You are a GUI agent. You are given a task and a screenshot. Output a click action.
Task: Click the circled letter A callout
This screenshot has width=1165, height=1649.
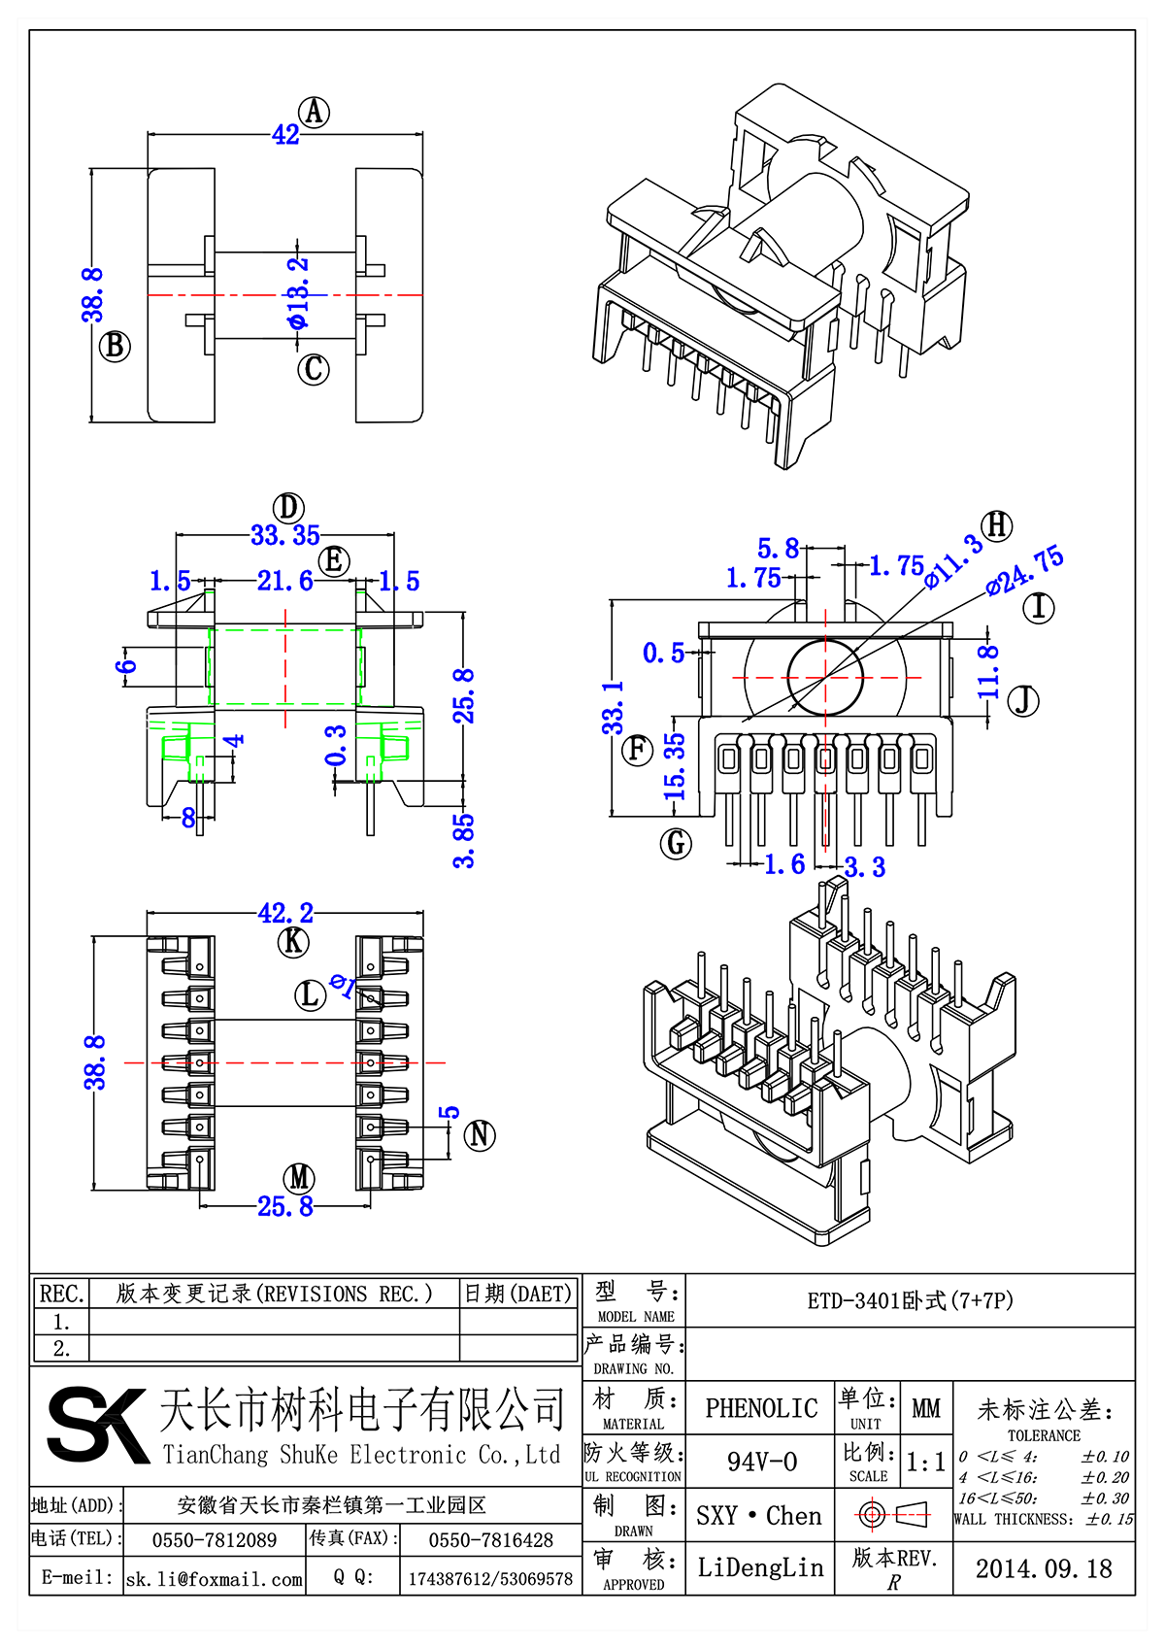coord(314,113)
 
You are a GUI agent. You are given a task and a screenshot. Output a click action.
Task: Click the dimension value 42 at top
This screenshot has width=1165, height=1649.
coord(285,135)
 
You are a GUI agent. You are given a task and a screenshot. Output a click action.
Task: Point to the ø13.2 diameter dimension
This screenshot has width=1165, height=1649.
coord(299,292)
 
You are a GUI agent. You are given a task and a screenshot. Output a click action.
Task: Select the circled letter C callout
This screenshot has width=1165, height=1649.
coord(314,369)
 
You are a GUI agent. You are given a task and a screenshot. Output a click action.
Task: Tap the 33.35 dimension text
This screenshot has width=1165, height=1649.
coord(284,535)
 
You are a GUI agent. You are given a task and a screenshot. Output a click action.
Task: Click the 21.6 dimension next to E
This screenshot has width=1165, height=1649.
coord(284,581)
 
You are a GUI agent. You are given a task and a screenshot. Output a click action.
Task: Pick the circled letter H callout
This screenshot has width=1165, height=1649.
coord(997,526)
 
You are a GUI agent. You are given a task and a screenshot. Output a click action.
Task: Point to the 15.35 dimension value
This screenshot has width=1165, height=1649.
coord(675,766)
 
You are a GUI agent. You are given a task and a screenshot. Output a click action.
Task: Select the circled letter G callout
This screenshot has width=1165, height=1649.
coord(676,843)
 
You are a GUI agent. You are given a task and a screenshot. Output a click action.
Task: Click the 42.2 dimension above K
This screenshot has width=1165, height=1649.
coord(285,914)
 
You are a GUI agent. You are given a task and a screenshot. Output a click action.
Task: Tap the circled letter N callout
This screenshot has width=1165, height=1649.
coord(480,1134)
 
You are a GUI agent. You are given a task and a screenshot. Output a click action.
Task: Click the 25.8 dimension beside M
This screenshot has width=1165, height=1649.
coord(285,1206)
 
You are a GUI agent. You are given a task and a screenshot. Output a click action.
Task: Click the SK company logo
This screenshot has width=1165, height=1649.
coord(97,1425)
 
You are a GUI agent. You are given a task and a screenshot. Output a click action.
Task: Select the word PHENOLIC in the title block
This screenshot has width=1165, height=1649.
coord(761,1408)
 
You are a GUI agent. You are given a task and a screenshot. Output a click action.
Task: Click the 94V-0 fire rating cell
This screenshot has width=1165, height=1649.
coord(761,1462)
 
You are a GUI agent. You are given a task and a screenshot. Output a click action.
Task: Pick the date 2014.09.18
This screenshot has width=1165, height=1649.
coord(1044,1568)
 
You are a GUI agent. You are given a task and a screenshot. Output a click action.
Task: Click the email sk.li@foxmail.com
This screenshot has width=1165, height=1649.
coord(215,1579)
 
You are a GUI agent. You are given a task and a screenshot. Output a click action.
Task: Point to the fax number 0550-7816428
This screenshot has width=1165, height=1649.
coord(490,1540)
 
